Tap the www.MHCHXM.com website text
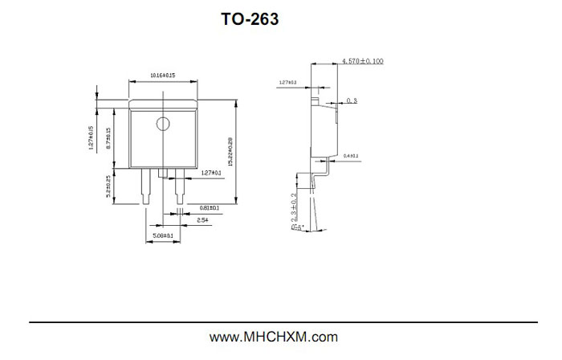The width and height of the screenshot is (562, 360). [x=274, y=337]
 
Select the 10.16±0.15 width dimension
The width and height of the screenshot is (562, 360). [x=163, y=75]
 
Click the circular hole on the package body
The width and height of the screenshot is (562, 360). [x=163, y=124]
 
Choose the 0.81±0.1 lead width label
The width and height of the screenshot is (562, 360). [x=209, y=207]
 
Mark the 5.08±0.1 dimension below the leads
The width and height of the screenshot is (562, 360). [x=163, y=235]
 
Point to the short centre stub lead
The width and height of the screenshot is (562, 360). [x=163, y=173]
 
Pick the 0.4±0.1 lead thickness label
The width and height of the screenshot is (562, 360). [x=351, y=155]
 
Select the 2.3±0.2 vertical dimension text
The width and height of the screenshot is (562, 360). [x=295, y=206]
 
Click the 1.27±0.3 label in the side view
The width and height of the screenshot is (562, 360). [x=287, y=82]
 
